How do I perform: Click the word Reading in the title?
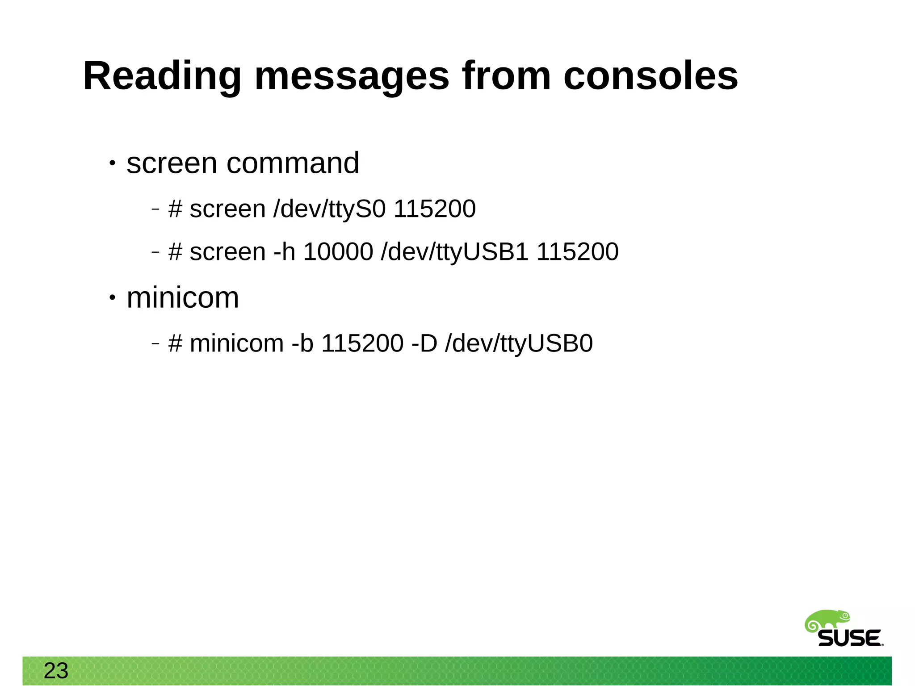tap(162, 77)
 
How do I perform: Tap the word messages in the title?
tap(352, 77)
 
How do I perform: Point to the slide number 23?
tap(56, 671)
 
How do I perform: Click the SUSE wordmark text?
tap(850, 638)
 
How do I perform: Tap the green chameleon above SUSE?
tap(827, 621)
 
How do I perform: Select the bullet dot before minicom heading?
tap(113, 298)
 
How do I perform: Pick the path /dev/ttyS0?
tap(329, 209)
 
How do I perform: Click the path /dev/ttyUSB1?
tap(455, 251)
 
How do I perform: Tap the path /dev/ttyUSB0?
tap(519, 343)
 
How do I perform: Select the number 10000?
tap(338, 251)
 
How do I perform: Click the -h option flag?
tap(285, 251)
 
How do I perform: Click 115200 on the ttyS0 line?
tap(434, 209)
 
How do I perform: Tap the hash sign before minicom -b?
tap(175, 343)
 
